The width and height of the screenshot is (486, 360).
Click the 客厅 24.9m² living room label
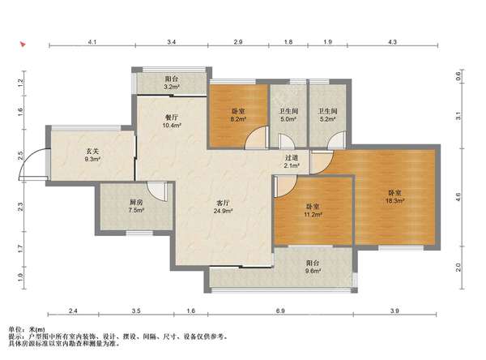224,207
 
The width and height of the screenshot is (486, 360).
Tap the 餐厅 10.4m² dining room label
172,122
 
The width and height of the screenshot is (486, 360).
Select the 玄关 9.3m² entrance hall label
92,156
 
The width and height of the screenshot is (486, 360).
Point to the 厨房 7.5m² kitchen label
136,206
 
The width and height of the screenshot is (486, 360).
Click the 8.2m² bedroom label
238,115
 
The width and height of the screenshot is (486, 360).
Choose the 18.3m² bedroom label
394,197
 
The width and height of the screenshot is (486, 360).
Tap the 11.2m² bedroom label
313,211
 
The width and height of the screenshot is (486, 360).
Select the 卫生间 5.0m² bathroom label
289,115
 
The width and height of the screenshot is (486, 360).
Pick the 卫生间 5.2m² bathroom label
327,115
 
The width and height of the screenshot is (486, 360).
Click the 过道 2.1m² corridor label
292,161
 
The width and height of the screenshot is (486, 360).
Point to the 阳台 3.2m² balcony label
172,83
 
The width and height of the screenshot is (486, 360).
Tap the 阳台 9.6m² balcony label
313,267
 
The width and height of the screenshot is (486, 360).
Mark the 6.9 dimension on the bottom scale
280,311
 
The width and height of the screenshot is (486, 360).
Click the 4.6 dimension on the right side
458,197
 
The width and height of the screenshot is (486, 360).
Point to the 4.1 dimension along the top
92,42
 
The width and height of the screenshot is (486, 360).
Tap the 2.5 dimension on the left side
20,155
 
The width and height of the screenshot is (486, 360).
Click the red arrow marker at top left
23,44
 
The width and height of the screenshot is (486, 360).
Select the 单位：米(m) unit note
27,329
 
